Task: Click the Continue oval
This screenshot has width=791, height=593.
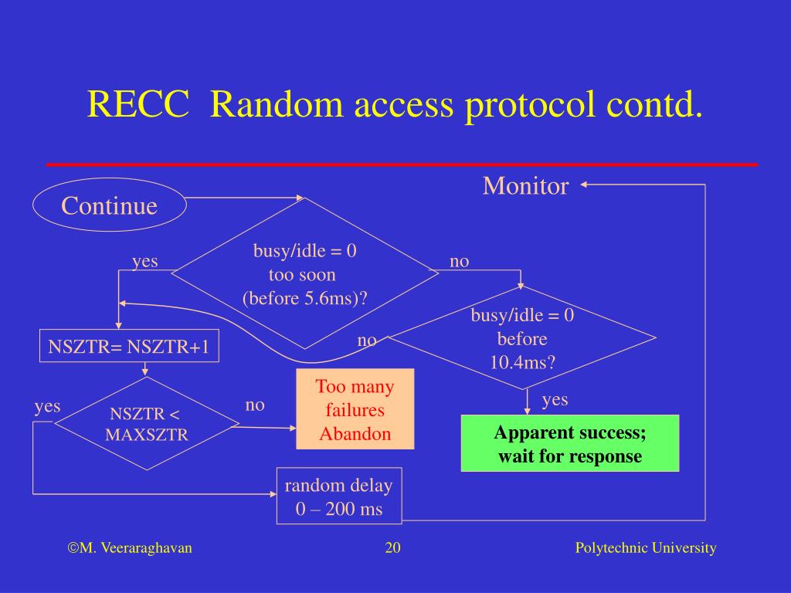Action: [x=109, y=205]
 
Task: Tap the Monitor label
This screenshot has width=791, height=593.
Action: [x=525, y=186]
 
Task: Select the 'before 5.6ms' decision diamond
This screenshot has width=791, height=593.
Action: [x=305, y=274]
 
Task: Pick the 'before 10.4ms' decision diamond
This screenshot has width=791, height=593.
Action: [x=522, y=338]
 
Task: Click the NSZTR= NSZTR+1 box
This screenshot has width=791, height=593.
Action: [x=129, y=347]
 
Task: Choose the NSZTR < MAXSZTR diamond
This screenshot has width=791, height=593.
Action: [x=147, y=423]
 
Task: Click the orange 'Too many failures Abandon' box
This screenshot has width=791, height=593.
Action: [x=355, y=409]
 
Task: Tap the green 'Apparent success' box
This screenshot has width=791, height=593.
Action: [x=569, y=443]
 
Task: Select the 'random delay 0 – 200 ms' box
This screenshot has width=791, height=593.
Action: [x=338, y=496]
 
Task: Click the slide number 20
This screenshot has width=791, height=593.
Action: [x=392, y=548]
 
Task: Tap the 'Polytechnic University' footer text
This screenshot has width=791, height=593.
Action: [x=646, y=548]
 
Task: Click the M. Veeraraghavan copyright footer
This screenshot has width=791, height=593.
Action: [x=130, y=548]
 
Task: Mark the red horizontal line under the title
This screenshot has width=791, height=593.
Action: [x=402, y=164]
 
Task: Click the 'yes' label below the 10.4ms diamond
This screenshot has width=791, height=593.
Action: [x=555, y=399]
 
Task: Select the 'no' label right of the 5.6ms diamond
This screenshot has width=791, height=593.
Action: [x=460, y=262]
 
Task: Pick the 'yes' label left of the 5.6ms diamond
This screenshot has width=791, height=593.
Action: [x=144, y=261]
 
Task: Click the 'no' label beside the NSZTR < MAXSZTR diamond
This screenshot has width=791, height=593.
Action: [x=255, y=405]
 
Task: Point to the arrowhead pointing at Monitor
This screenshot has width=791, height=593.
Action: [x=585, y=185]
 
